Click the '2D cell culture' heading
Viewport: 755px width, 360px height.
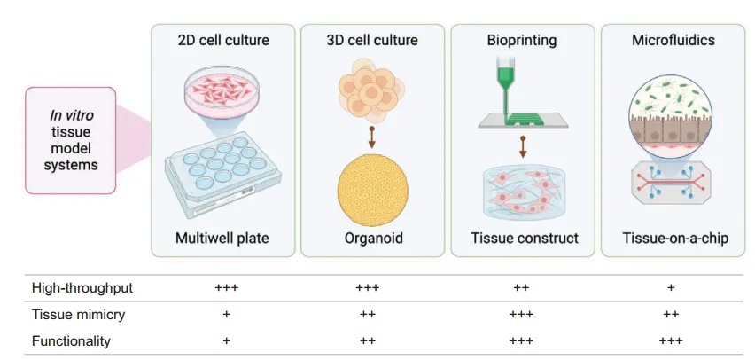click(x=222, y=40)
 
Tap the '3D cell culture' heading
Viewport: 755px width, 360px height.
click(x=373, y=40)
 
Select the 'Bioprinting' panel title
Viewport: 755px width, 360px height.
click(x=523, y=40)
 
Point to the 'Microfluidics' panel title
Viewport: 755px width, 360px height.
click(x=673, y=40)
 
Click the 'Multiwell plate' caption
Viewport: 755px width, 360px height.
click(x=222, y=238)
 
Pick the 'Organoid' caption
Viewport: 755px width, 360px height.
click(x=373, y=238)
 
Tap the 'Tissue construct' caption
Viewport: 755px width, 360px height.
click(x=523, y=238)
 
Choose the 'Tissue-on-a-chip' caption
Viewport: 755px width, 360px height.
click(x=673, y=238)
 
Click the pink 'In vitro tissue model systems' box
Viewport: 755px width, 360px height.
click(x=71, y=140)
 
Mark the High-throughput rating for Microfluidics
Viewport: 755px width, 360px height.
click(x=671, y=288)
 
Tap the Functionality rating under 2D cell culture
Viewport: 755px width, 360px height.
click(x=226, y=340)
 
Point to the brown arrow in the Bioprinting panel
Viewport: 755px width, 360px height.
click(x=523, y=146)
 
